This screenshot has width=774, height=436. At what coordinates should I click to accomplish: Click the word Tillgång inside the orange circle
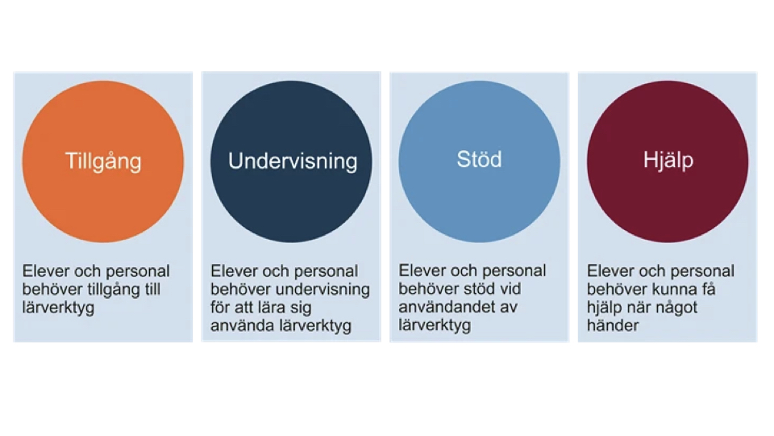point(103,161)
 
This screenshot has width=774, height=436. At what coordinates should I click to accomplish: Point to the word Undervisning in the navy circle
point(293,161)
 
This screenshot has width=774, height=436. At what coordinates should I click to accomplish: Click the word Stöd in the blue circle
point(479,159)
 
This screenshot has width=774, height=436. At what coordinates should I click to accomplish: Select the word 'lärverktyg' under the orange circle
point(59,308)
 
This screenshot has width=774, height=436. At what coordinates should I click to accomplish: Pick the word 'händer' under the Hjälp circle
point(613,326)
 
